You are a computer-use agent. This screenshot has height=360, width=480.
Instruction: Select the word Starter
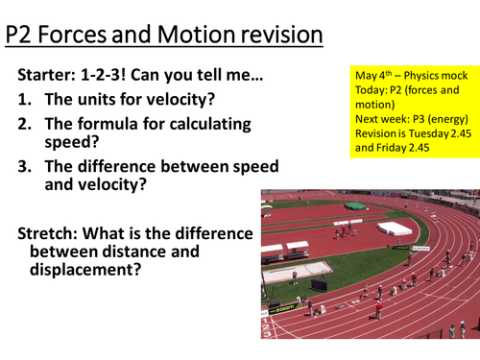(x=53, y=75)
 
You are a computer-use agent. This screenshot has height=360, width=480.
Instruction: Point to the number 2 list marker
(x=25, y=125)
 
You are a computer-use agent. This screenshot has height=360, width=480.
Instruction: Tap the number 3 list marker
(x=25, y=166)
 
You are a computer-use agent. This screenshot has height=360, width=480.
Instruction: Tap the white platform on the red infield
(x=394, y=228)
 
